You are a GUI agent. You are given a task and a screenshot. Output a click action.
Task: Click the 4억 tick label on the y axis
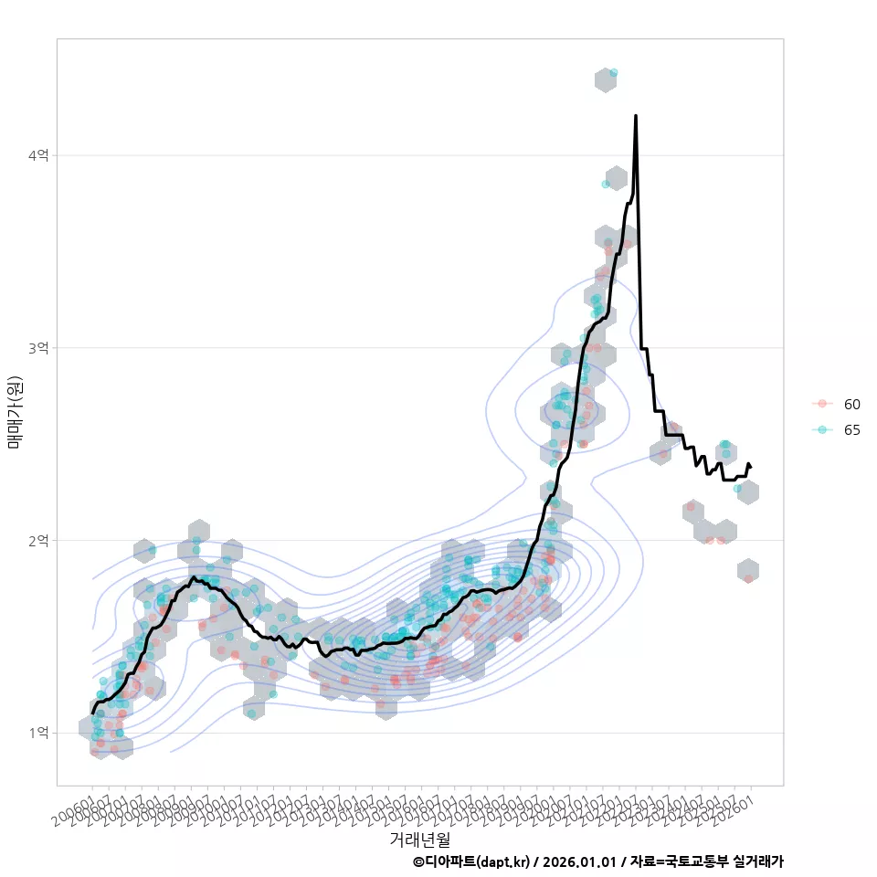click(38, 156)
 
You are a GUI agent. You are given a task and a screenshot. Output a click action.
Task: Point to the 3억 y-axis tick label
click(38, 348)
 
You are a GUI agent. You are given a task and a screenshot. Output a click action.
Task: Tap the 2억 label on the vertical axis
click(38, 541)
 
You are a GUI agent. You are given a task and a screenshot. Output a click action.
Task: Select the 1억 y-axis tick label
click(38, 733)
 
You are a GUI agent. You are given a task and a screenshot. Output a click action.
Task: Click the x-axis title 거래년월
click(419, 839)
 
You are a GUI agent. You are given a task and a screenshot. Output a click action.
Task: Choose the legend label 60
click(851, 404)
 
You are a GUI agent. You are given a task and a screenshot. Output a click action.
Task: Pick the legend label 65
click(851, 429)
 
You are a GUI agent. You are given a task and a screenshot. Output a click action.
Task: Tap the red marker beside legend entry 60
click(822, 404)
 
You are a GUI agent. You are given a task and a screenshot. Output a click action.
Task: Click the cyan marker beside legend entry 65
click(822, 429)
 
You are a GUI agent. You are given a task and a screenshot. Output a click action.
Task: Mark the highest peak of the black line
click(635, 116)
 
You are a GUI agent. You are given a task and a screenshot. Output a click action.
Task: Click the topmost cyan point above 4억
click(613, 72)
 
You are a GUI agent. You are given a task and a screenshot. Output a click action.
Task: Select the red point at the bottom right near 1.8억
click(748, 578)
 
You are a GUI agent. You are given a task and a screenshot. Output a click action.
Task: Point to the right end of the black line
click(750, 466)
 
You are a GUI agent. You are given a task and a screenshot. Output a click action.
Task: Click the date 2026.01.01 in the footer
click(576, 861)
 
